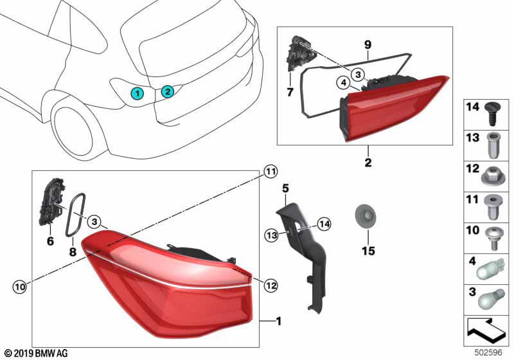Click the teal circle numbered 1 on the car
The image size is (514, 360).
point(138,94)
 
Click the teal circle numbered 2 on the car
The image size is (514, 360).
point(167,91)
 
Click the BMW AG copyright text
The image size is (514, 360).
point(36,353)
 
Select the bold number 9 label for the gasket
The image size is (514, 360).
point(368,45)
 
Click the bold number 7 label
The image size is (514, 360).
point(290,93)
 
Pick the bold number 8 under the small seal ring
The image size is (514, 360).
point(73,252)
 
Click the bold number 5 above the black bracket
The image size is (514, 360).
point(286,188)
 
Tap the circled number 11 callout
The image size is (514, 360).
point(270,172)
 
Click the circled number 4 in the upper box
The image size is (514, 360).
point(344,82)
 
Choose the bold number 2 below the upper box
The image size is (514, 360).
point(368,163)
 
